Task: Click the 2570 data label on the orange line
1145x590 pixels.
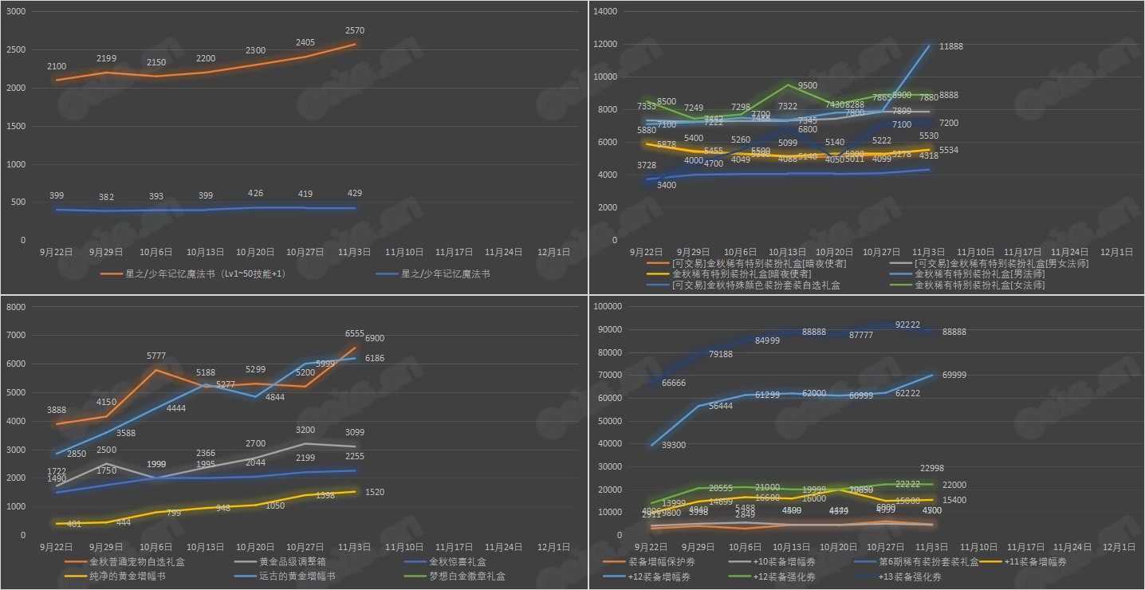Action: pos(355,30)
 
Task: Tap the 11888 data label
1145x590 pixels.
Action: pos(950,46)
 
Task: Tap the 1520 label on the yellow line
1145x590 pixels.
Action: pos(375,492)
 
